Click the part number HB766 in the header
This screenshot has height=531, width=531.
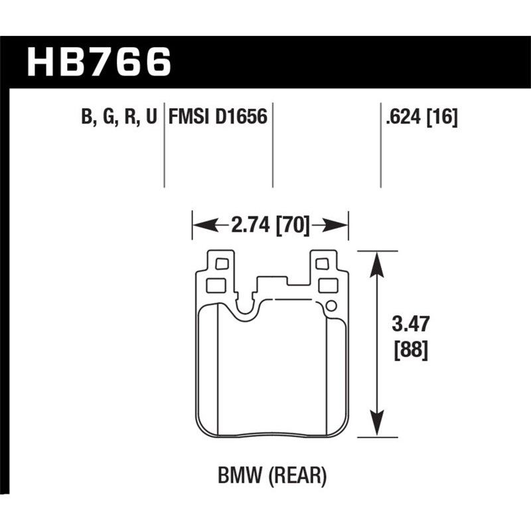[99, 62]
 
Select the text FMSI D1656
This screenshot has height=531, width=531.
[218, 117]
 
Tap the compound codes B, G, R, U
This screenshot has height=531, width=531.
[119, 117]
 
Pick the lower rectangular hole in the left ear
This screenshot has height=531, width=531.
[216, 286]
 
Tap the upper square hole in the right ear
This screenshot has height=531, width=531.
[322, 264]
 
